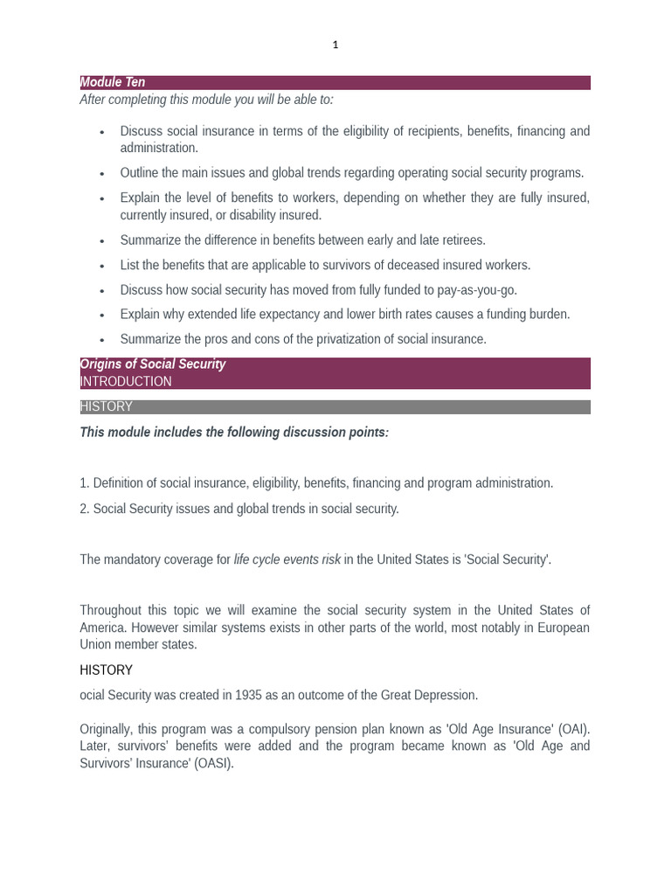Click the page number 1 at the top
coord(335,45)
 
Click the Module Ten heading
coord(113,82)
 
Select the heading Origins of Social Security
coord(153,364)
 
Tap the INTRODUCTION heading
coord(126,381)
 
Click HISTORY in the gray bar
coord(107,406)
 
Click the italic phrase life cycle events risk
coord(287,559)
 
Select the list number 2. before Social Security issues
coord(85,509)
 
